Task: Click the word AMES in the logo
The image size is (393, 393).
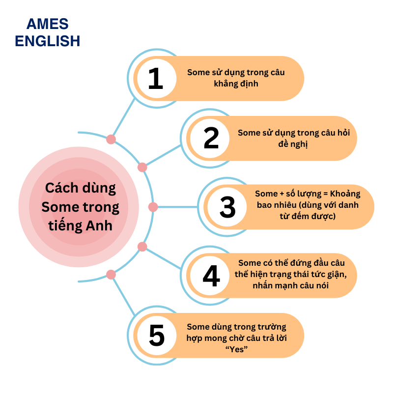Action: [48, 24]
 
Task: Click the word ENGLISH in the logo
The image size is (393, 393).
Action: [48, 41]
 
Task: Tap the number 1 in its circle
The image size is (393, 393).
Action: [155, 79]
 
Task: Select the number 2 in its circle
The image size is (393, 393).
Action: [211, 139]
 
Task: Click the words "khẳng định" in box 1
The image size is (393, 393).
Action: [236, 84]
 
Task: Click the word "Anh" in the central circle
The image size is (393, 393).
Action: [98, 226]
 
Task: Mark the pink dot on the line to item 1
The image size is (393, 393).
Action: [111, 139]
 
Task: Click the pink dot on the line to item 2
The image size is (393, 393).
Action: [142, 167]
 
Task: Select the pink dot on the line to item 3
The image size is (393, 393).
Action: [153, 207]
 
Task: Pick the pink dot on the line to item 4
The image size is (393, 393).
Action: [142, 247]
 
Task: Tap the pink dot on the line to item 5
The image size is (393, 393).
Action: [111, 275]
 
